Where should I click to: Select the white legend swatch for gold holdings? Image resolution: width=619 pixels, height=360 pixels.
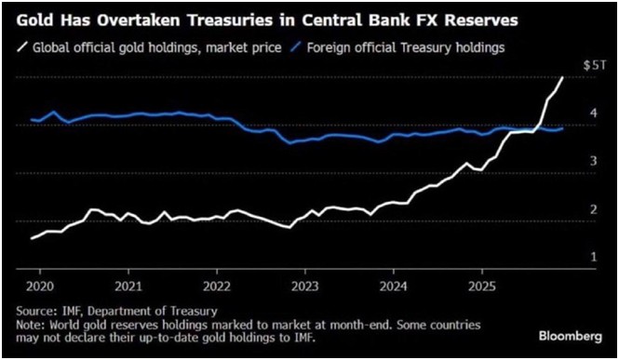point(22,47)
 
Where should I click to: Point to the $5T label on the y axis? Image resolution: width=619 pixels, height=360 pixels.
point(594,65)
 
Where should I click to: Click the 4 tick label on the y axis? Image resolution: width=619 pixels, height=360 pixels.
point(593,113)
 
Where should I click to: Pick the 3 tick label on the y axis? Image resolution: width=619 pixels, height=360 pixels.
point(593,161)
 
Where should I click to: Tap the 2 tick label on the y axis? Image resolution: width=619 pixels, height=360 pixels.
point(593,209)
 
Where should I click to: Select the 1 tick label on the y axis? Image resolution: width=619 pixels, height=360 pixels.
point(593,257)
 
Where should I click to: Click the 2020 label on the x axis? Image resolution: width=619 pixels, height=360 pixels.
point(40,287)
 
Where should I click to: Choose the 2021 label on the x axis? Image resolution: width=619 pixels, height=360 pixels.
point(128,287)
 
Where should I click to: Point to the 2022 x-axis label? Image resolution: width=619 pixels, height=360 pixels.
point(217,287)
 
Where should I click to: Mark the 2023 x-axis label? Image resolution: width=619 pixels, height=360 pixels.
point(305,287)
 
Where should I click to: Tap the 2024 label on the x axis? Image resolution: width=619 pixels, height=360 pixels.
point(394,287)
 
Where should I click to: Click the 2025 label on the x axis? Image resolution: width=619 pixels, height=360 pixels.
point(482,287)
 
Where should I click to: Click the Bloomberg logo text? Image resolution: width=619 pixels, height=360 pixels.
point(571,337)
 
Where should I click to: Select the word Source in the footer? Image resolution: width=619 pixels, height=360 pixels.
point(34,311)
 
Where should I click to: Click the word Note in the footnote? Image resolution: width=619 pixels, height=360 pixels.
point(30,326)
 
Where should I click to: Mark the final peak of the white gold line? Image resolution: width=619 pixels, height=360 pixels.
point(562,78)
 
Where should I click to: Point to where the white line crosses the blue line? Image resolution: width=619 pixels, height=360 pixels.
point(538,127)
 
